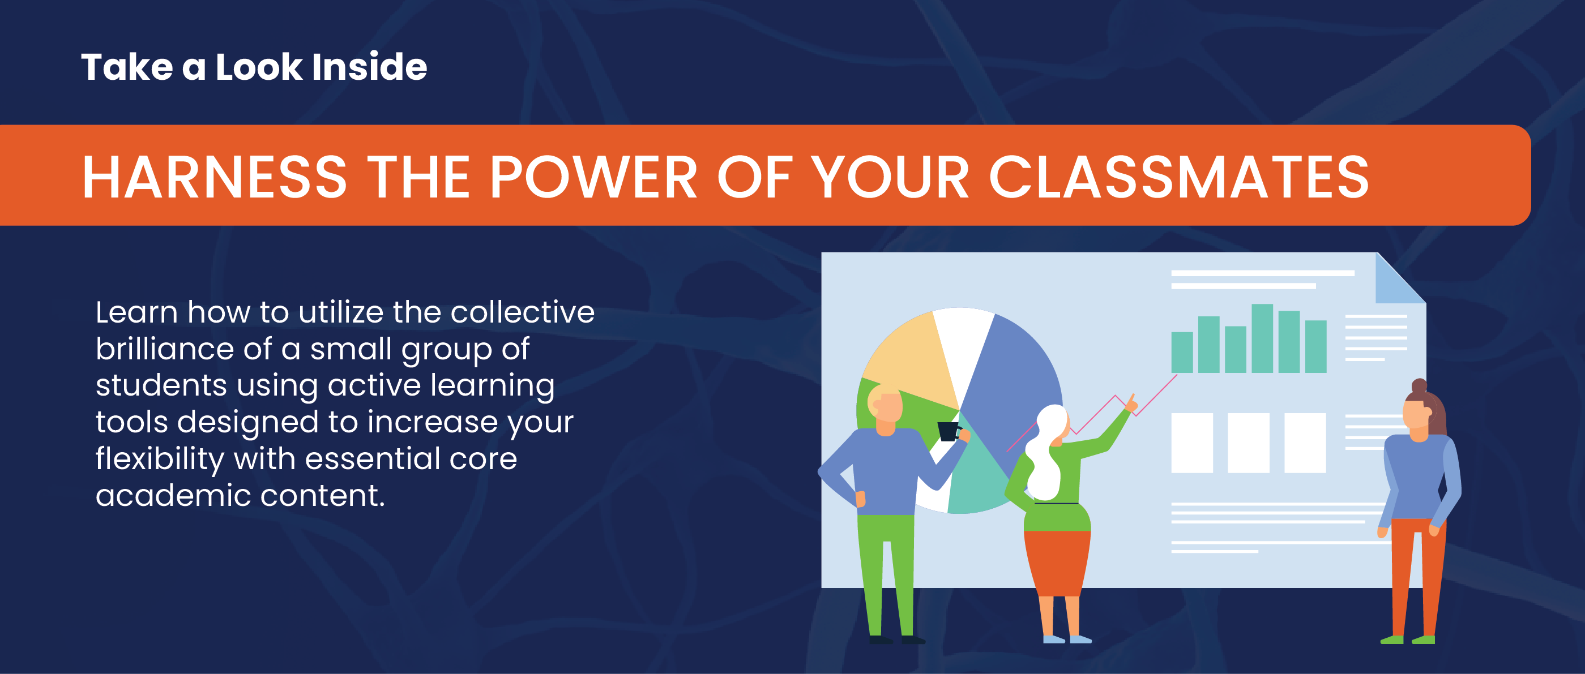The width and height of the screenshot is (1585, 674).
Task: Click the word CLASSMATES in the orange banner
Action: coord(1179,177)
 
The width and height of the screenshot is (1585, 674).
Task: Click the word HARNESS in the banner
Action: coord(215,177)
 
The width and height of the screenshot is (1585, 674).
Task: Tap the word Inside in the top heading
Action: coord(369,66)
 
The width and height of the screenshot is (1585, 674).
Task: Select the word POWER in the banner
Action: coord(593,177)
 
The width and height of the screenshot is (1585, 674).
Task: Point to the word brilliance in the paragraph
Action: coord(165,349)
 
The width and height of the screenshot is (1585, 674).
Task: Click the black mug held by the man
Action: coord(948,431)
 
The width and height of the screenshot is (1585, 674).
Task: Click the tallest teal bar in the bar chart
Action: coord(1262,338)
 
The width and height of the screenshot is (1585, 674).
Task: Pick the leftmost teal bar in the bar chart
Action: coord(1182,353)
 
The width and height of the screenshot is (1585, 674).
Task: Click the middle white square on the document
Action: coord(1249,443)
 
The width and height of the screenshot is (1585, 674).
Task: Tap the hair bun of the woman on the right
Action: coord(1419,386)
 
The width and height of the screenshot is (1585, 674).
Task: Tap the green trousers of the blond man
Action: coord(886,572)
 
